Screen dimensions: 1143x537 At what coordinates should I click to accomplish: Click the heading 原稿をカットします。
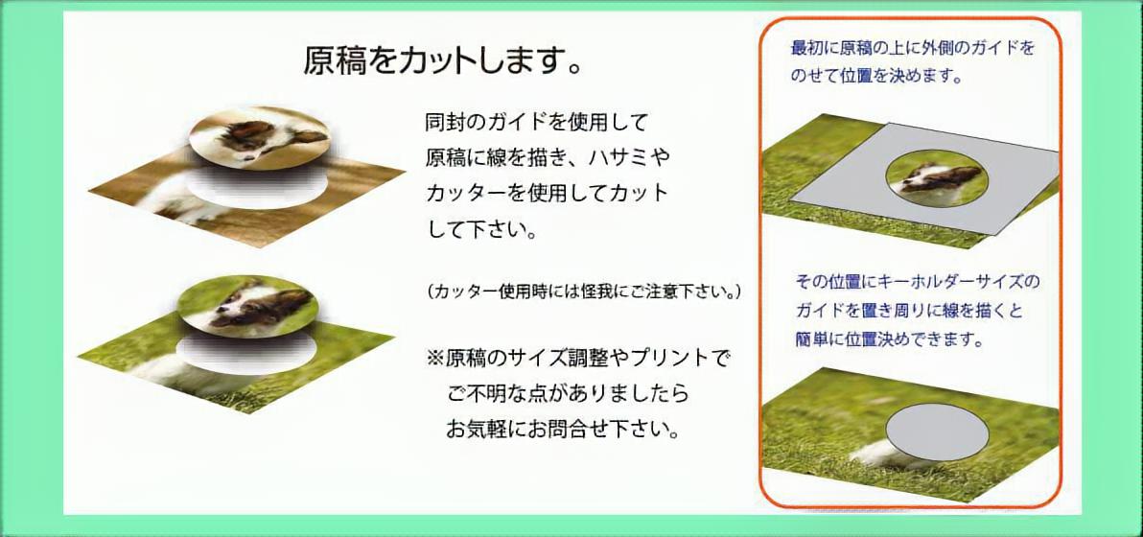point(442,60)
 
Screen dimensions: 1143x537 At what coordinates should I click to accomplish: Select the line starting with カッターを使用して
point(547,193)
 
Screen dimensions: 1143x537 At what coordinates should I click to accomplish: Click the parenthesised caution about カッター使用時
point(584,292)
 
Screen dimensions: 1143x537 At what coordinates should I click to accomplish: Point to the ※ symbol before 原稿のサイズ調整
point(435,359)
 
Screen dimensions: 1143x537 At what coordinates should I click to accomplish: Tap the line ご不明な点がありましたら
point(568,394)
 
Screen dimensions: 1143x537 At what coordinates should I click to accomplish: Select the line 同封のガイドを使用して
point(537,121)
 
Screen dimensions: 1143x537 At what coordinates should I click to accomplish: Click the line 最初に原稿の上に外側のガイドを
point(912,49)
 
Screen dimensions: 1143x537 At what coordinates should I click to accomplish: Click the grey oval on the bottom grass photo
point(937,432)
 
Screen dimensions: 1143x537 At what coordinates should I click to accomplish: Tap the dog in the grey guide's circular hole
point(937,178)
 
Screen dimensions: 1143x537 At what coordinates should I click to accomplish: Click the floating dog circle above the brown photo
point(260,136)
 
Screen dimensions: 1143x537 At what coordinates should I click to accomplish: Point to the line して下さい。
point(481,231)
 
